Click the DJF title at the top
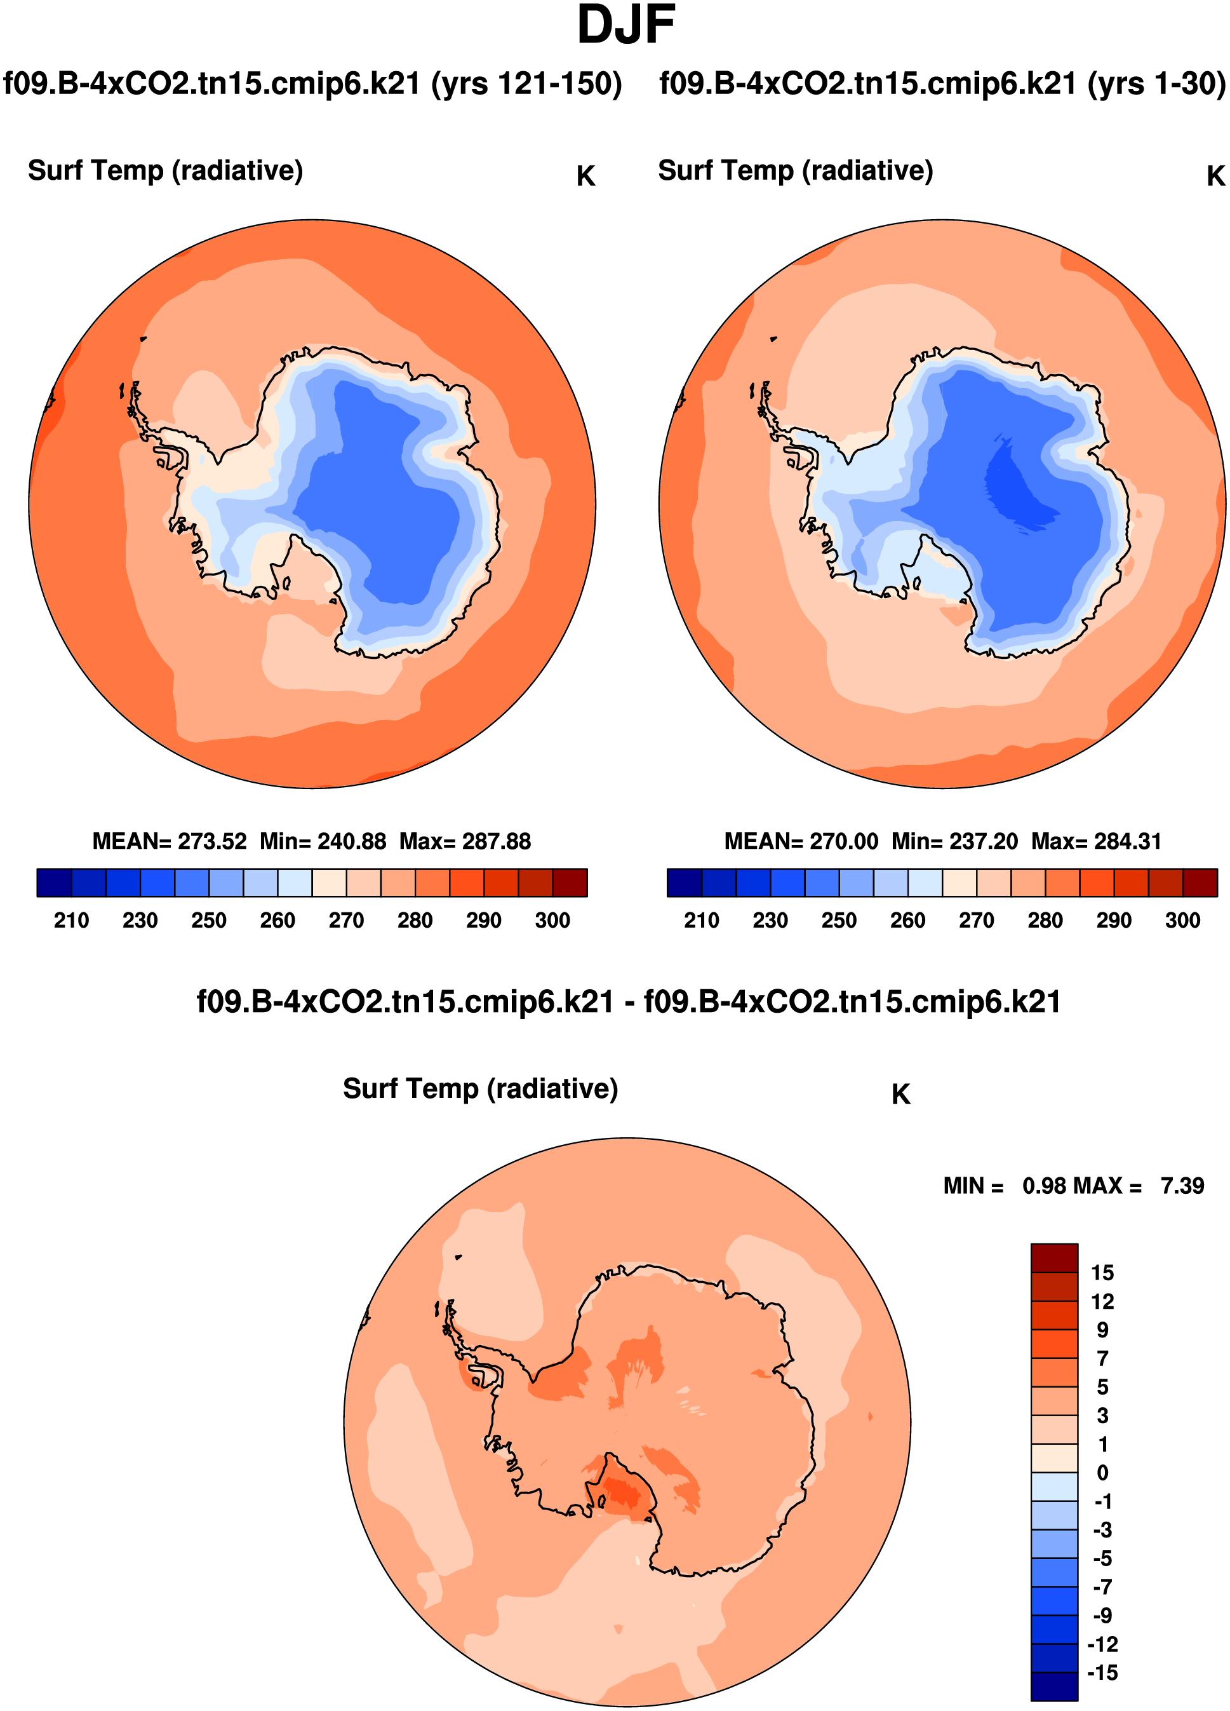pyautogui.click(x=625, y=25)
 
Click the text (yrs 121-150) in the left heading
pyautogui.click(x=526, y=84)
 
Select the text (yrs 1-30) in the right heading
pyautogui.click(x=1156, y=84)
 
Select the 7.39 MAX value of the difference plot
pyautogui.click(x=1182, y=1186)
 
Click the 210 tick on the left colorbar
pyautogui.click(x=72, y=921)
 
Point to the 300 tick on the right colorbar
pyautogui.click(x=1182, y=921)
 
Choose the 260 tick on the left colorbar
pyautogui.click(x=277, y=921)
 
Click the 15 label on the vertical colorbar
pyautogui.click(x=1102, y=1273)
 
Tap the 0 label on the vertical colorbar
pyautogui.click(x=1102, y=1473)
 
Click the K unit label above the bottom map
pyautogui.click(x=900, y=1095)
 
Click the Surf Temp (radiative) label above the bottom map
pyautogui.click(x=481, y=1088)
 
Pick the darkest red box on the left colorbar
pyautogui.click(x=570, y=883)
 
